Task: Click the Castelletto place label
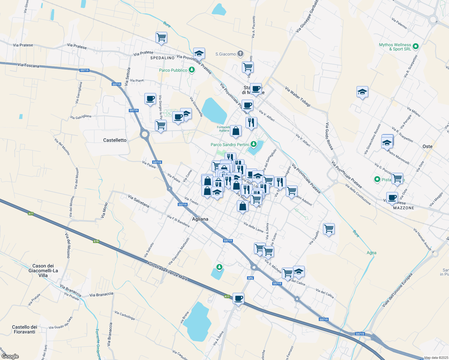115,140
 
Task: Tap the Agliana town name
200,219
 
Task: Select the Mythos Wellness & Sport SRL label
395,47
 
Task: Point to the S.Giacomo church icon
240,54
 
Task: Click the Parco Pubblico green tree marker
192,70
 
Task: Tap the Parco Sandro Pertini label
230,145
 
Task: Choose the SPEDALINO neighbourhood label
162,58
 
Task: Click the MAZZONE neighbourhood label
404,208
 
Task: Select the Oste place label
427,146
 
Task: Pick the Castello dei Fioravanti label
25,329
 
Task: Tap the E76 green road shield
96,241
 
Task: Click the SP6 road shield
250,278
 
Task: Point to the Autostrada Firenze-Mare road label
167,271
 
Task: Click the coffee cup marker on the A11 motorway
238,298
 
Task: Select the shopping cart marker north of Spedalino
161,37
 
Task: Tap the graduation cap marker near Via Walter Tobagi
362,92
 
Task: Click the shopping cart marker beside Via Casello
329,229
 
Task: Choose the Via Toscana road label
28,65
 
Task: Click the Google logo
10,356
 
